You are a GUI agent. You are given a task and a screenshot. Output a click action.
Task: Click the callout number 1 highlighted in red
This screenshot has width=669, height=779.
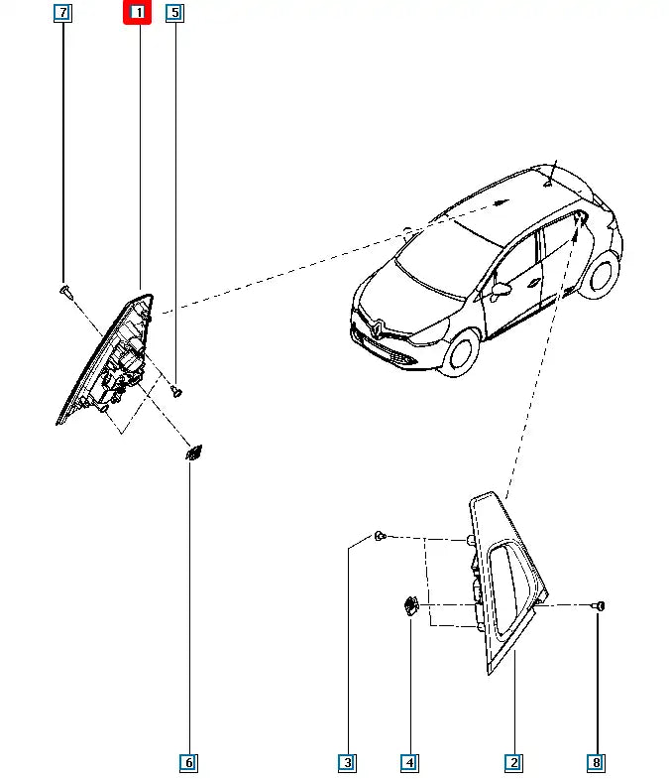point(137,13)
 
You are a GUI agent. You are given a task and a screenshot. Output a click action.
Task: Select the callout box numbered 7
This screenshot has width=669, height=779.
point(62,13)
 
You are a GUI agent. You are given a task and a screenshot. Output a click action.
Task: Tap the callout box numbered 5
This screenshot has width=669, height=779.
point(174,13)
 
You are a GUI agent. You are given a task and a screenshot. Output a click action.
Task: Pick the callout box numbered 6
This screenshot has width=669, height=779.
point(188,762)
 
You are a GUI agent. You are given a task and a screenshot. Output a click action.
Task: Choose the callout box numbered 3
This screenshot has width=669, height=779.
point(347,762)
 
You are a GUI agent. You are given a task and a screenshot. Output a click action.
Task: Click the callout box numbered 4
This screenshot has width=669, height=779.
point(409,762)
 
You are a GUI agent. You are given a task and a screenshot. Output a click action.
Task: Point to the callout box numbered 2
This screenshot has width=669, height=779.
point(513,762)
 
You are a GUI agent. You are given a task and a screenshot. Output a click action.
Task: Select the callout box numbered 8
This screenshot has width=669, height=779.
point(596,762)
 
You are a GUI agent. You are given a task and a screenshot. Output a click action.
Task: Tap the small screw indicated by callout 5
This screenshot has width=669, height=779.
point(176,391)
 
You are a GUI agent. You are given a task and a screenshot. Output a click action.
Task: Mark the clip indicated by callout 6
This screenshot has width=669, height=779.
point(192,453)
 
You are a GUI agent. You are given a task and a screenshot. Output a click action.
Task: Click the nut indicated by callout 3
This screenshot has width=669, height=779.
point(380,537)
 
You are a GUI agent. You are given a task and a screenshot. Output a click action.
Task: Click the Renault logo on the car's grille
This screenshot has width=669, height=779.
point(380,325)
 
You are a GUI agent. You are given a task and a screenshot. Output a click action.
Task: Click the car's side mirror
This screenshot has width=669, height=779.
point(501,291)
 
